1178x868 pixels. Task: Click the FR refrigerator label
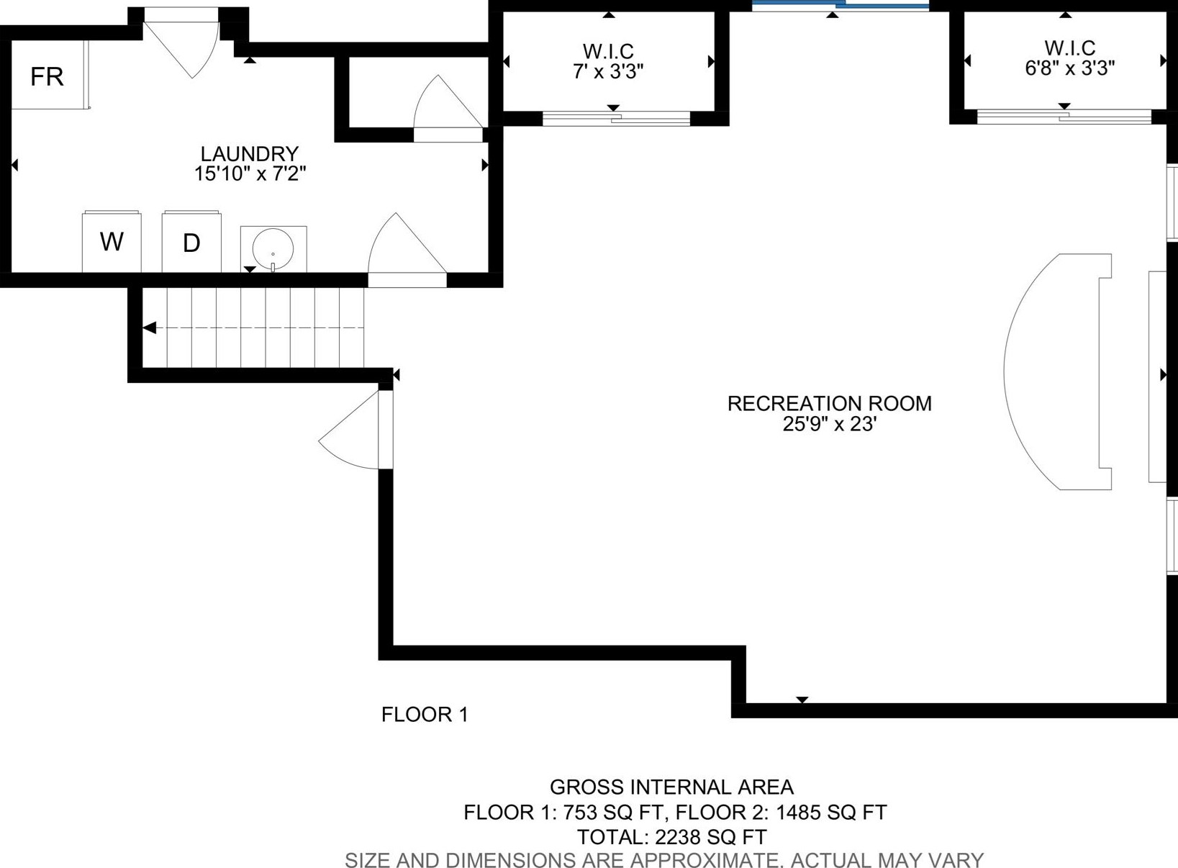47,77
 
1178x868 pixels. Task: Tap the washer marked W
112,241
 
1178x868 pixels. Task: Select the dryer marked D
191,243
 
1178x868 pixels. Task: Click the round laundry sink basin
273,249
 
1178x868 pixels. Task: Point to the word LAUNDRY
250,153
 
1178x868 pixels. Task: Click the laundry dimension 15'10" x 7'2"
250,173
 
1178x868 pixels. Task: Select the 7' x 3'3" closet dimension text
609,71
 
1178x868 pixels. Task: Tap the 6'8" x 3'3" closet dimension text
1070,68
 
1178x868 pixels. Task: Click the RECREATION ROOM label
829,404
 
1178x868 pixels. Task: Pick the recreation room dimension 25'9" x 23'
829,423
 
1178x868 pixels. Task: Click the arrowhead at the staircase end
150,328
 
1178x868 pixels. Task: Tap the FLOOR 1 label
425,715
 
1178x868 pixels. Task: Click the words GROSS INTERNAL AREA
671,787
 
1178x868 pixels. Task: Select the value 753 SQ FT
613,813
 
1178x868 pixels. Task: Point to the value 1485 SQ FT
831,813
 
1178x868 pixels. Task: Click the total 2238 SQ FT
711,836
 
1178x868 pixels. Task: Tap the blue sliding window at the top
841,6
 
